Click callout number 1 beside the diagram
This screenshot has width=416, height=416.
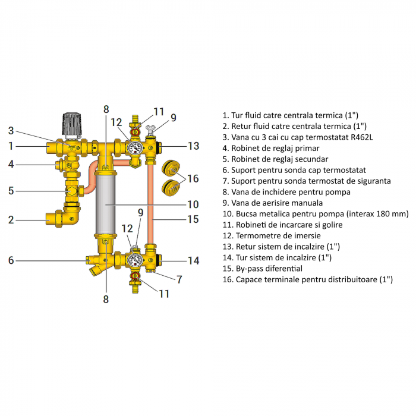coord(11,146)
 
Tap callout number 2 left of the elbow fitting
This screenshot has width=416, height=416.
coord(11,220)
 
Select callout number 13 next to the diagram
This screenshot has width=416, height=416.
coord(194,146)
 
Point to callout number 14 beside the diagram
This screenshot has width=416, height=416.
coord(194,260)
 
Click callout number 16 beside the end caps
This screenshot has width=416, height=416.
coord(193,179)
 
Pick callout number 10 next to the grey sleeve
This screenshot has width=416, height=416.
coord(193,204)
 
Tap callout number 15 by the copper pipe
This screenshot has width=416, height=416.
coord(193,219)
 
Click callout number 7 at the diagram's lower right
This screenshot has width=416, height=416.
coord(179,279)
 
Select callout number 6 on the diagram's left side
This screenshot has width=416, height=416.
coord(11,260)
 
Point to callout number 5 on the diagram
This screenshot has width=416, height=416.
coord(11,191)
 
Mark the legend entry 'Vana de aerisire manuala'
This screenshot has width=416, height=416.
coord(272,203)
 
